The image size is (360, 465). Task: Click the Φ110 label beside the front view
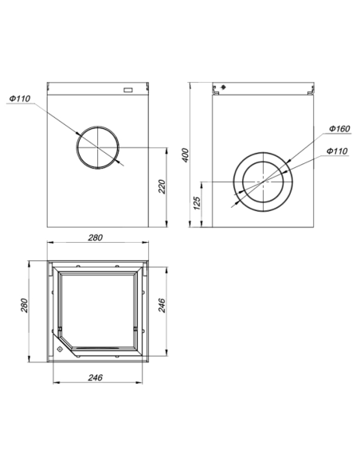pos(20,99)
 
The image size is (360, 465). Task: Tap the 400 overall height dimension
pos(186,154)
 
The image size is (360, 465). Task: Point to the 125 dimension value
pos(197,205)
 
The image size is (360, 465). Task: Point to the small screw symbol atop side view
pos(224,87)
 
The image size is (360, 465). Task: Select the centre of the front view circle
pos(97,147)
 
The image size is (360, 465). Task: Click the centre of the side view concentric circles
pos(262,182)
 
